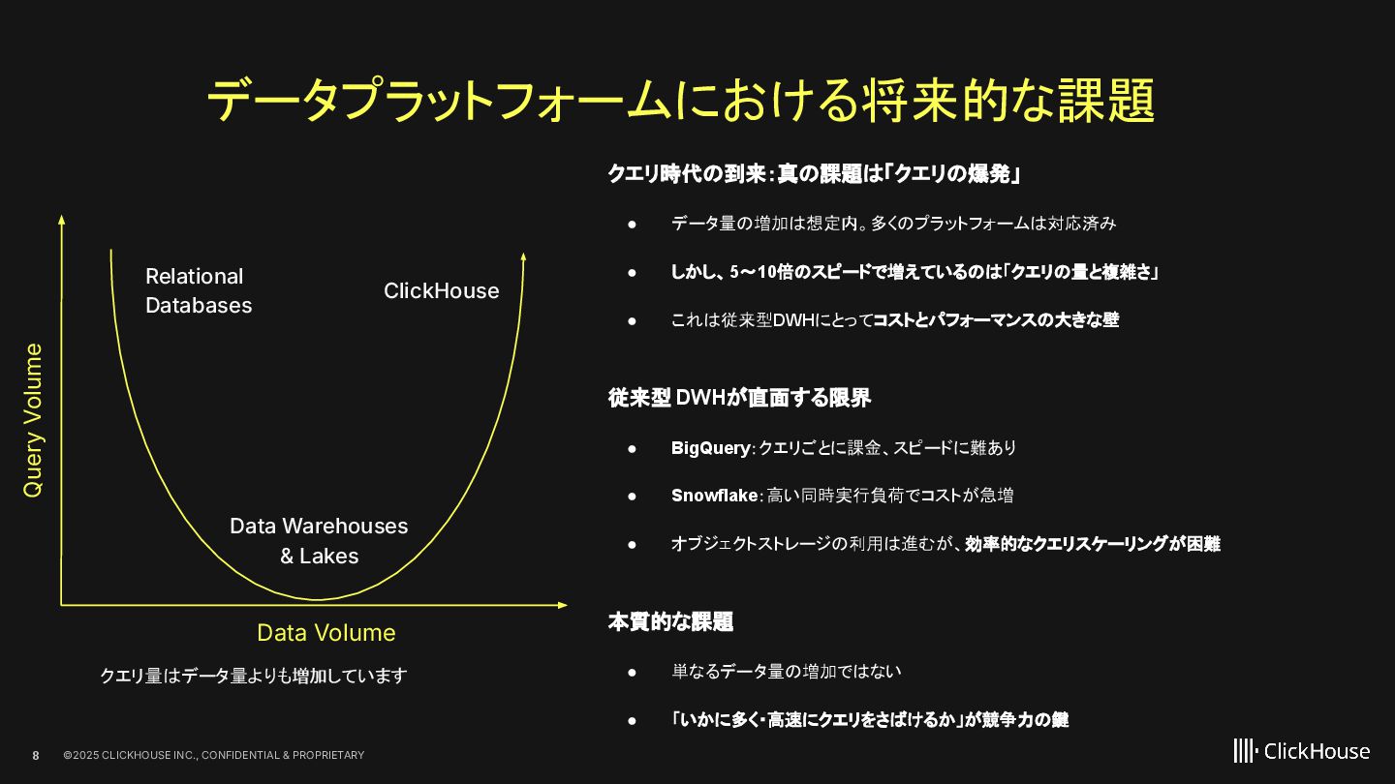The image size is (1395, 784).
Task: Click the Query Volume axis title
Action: [x=34, y=420]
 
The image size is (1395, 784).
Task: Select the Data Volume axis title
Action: [x=325, y=633]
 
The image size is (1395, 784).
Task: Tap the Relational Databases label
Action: [x=199, y=290]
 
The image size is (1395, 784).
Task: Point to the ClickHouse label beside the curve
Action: [x=441, y=291]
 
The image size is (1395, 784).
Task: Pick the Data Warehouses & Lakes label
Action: [x=319, y=541]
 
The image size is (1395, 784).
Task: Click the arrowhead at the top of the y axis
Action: [x=62, y=219]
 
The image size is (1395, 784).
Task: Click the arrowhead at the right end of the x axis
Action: [x=563, y=605]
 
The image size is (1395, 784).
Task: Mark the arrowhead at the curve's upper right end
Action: [x=524, y=256]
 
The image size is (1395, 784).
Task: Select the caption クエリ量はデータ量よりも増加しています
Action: [x=254, y=676]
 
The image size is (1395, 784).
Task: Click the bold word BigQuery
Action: [x=710, y=448]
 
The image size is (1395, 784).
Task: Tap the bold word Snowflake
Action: [x=714, y=496]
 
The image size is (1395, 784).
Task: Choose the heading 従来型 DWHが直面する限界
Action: [x=739, y=398]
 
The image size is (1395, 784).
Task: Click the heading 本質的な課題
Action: [x=670, y=622]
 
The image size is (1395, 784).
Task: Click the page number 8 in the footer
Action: [x=36, y=755]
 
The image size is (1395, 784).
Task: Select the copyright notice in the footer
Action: [x=214, y=755]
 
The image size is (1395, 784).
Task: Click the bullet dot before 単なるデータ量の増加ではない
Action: [x=632, y=672]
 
